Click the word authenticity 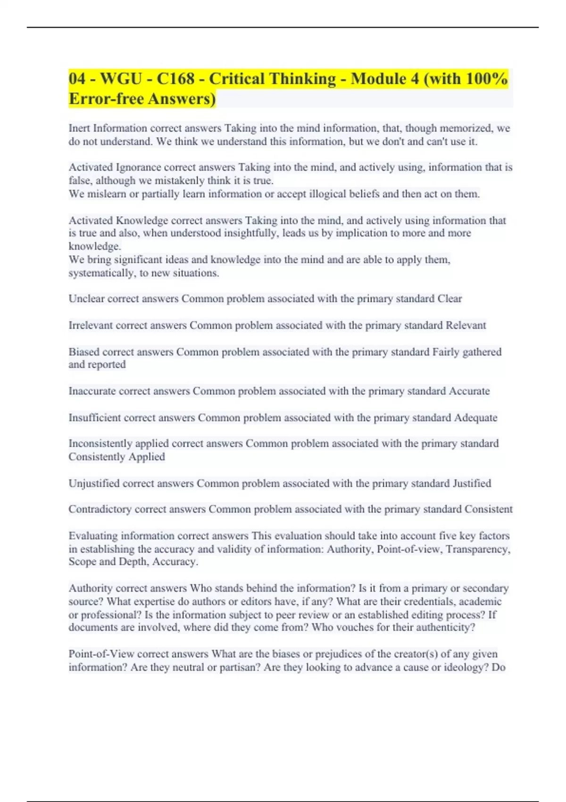coord(445,627)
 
